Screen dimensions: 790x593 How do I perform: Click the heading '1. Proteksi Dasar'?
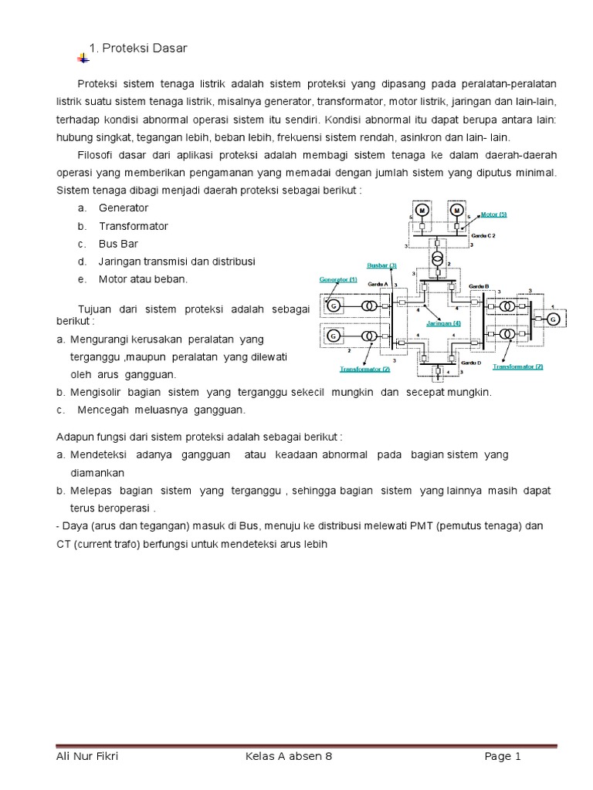click(139, 49)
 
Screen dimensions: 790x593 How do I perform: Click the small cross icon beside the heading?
click(83, 58)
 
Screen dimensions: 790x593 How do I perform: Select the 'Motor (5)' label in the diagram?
click(494, 214)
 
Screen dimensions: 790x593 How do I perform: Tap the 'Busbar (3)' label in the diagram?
click(381, 265)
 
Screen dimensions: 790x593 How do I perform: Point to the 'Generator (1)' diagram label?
click(338, 279)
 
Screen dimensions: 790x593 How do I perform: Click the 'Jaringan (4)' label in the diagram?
click(443, 323)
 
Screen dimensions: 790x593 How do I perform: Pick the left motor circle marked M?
click(422, 210)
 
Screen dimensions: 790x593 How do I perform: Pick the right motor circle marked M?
click(456, 210)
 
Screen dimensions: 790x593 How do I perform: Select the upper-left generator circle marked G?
click(334, 306)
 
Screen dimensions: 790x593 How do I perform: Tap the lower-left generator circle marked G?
click(334, 336)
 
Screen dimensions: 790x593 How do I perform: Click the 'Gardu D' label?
click(470, 362)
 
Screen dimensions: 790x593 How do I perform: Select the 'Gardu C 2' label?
click(483, 234)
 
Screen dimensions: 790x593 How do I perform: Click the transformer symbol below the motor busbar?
click(438, 257)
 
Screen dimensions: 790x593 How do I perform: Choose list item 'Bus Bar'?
click(118, 244)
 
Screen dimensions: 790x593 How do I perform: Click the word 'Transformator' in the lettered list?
click(133, 226)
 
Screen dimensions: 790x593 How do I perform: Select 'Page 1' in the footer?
click(503, 757)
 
